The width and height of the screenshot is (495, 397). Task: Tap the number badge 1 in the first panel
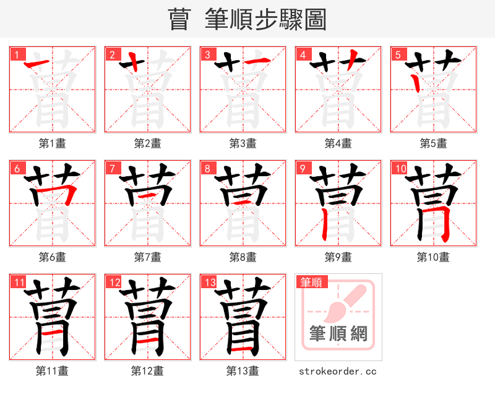click(x=17, y=54)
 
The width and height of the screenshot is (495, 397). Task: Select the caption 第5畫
click(x=433, y=143)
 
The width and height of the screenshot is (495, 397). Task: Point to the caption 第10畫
click(x=433, y=257)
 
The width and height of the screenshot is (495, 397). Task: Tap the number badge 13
click(x=209, y=283)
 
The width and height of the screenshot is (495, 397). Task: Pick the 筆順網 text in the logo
click(x=338, y=335)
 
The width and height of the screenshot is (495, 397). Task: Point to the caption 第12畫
click(x=147, y=371)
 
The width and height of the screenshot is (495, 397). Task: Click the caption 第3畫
click(x=243, y=143)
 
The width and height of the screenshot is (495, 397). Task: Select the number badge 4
click(x=303, y=54)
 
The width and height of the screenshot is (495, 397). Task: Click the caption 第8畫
click(x=243, y=257)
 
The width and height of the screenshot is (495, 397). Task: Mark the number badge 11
click(x=18, y=283)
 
